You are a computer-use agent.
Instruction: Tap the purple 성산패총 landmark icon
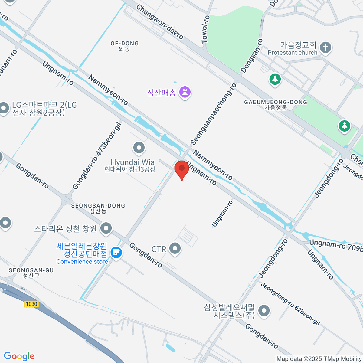tap(185, 92)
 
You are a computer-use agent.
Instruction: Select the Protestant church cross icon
tap(325, 48)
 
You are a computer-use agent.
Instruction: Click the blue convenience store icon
tap(116, 252)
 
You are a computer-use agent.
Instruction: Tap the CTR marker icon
tap(175, 249)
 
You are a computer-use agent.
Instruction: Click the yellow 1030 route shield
tap(31, 304)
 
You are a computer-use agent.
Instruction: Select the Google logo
tap(19, 356)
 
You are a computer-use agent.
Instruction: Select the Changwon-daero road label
tap(159, 21)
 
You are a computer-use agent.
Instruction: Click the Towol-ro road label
tap(206, 29)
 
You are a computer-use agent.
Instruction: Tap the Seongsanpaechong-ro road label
tap(213, 114)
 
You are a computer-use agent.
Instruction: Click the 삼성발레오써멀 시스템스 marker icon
tap(264, 311)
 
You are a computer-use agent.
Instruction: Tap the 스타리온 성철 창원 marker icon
tap(106, 228)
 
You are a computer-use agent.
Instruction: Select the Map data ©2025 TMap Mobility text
tap(319, 359)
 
